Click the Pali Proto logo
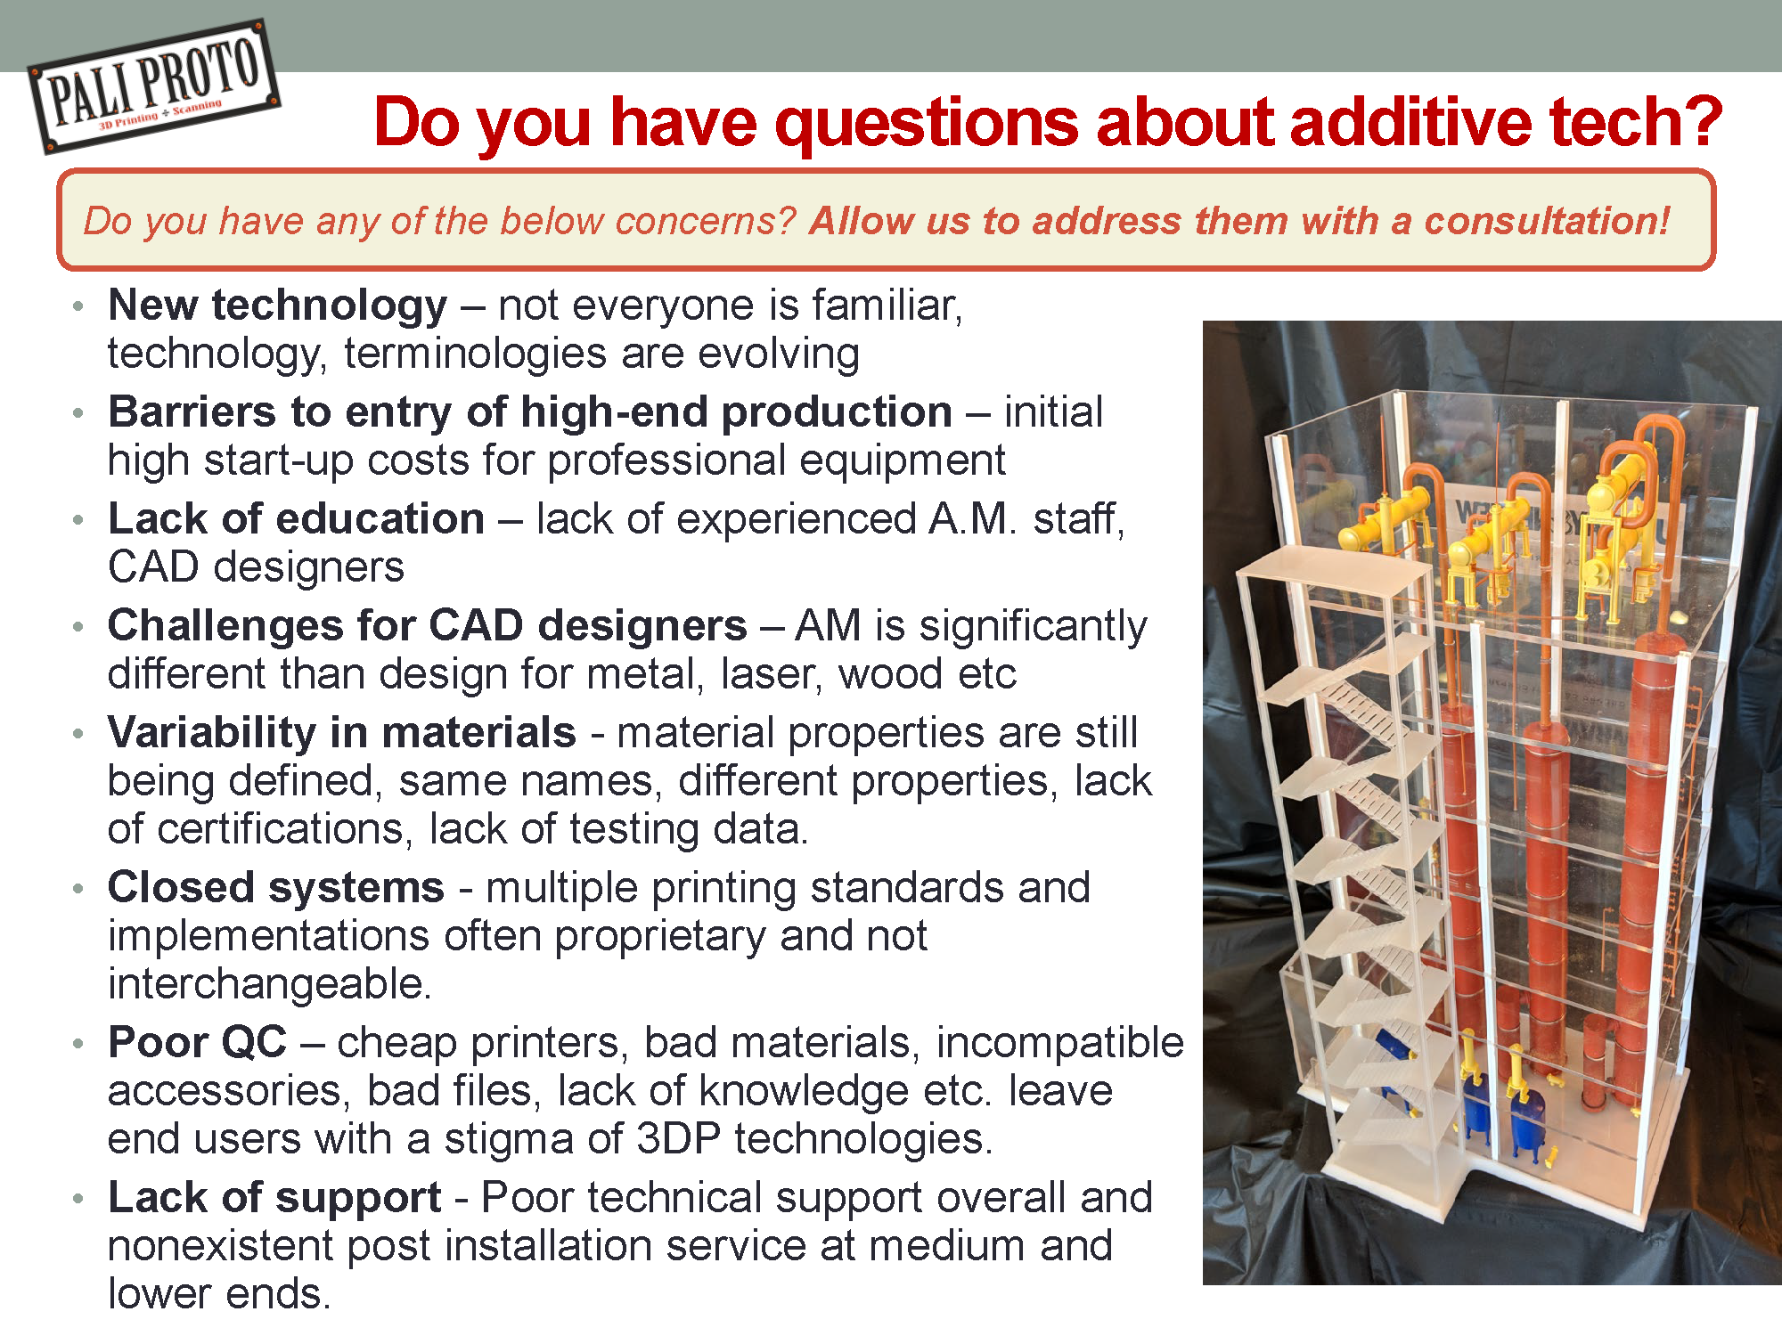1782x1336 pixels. click(x=153, y=86)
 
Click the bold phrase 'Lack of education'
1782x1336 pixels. click(x=296, y=518)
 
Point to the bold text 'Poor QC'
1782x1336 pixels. click(x=197, y=1043)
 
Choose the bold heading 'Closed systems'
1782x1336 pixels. click(x=275, y=888)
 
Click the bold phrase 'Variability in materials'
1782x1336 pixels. click(x=341, y=733)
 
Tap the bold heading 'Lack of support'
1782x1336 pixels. click(x=274, y=1198)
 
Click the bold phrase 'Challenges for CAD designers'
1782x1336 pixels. click(x=427, y=625)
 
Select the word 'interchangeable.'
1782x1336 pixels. click(x=270, y=984)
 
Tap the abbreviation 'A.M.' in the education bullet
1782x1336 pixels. click(x=972, y=518)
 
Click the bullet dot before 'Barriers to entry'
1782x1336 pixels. click(x=79, y=413)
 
